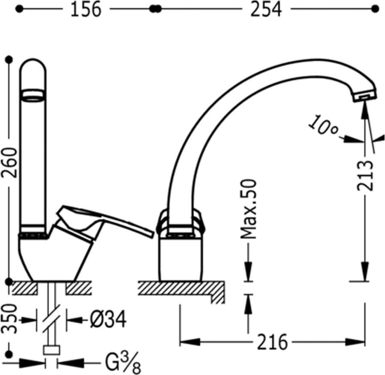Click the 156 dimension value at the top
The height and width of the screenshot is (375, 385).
[x=86, y=10]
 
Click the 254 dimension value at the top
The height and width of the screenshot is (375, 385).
[x=266, y=10]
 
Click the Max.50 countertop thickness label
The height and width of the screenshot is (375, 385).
[x=249, y=209]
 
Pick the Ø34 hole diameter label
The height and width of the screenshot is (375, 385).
[x=108, y=319]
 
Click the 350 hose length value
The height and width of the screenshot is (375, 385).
[x=9, y=319]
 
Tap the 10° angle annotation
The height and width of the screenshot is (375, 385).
[x=323, y=125]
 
